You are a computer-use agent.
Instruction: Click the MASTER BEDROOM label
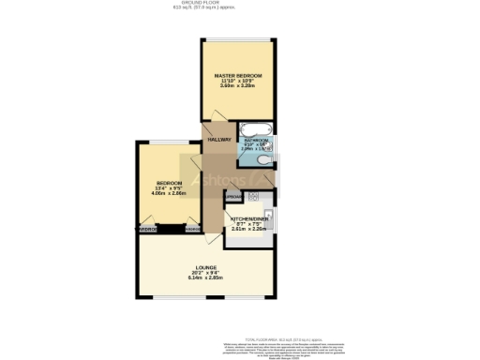point(237,75)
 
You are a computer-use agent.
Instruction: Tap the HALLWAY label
point(219,140)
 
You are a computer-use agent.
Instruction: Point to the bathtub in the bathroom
point(253,129)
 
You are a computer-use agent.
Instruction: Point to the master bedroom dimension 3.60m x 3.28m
point(237,86)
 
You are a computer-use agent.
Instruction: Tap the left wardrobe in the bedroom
point(147,229)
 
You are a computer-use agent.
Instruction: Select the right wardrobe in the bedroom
point(193,229)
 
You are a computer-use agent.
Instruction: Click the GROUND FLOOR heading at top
point(240,3)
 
